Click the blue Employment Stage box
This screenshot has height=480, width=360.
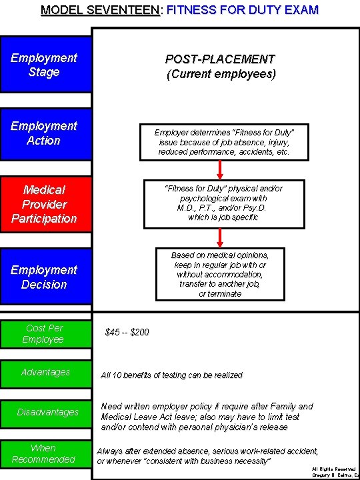[44, 65]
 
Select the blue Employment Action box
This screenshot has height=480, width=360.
[44, 133]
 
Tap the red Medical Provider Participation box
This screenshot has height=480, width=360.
[44, 204]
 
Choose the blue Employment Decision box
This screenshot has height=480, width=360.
[44, 277]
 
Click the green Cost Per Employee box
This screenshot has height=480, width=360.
[44, 333]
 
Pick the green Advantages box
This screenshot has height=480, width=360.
[44, 372]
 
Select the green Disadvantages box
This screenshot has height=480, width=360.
[44, 412]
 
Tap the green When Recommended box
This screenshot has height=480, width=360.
[44, 453]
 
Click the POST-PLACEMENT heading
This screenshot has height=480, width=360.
[221, 59]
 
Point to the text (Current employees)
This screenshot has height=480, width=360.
[221, 74]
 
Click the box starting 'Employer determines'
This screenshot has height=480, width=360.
[223, 143]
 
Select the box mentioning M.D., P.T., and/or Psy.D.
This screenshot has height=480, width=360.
[223, 203]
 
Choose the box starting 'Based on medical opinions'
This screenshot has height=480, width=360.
[219, 274]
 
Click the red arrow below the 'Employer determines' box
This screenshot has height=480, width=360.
[221, 170]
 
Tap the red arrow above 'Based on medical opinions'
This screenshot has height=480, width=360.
[221, 238]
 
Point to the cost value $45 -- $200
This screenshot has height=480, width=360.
[127, 332]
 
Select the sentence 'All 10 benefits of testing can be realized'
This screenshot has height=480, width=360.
[171, 375]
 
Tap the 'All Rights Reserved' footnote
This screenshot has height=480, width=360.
[334, 469]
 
